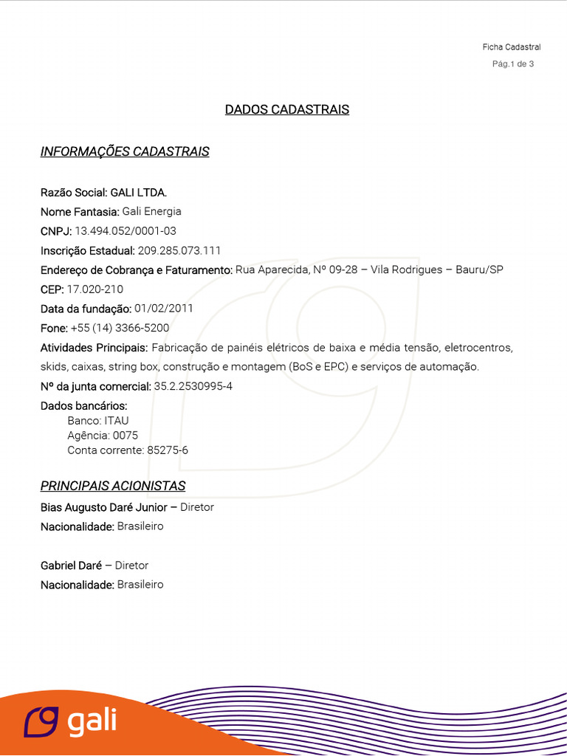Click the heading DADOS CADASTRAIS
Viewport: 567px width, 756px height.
point(286,110)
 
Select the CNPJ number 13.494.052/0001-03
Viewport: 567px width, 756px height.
point(126,231)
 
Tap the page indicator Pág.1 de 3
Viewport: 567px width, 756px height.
point(513,64)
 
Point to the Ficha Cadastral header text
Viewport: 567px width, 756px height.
point(512,47)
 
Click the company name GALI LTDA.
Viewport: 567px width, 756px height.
point(139,193)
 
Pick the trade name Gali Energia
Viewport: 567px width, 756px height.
point(151,212)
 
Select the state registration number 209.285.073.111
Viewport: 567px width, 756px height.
point(179,250)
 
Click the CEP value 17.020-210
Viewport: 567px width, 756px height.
point(95,289)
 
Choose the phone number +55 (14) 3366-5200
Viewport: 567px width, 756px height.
point(120,328)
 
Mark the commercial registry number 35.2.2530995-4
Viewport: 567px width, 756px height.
point(193,386)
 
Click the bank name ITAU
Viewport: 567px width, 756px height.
point(117,421)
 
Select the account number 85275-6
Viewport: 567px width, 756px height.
point(168,450)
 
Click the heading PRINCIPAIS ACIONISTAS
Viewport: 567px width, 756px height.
point(113,486)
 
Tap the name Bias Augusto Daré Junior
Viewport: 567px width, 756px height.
point(104,507)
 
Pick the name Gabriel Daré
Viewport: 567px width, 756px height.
point(71,566)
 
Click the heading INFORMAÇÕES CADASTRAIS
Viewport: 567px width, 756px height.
point(125,152)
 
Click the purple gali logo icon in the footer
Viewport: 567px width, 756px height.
point(41,721)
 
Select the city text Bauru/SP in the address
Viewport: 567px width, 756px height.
point(478,270)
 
